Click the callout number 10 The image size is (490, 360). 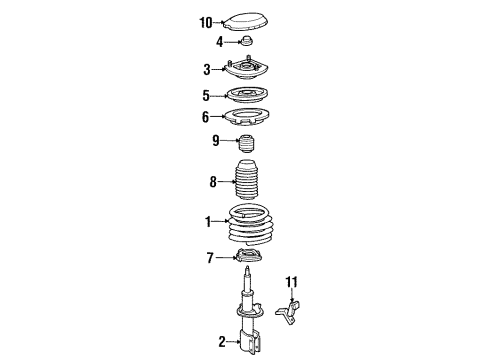pyautogui.click(x=207, y=21)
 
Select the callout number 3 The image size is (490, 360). pyautogui.click(x=207, y=69)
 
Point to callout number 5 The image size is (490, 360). pyautogui.click(x=207, y=95)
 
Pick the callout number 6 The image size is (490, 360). pyautogui.click(x=207, y=116)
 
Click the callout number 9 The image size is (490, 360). pyautogui.click(x=215, y=140)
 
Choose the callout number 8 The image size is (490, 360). pyautogui.click(x=212, y=183)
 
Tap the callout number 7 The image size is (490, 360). pyautogui.click(x=210, y=259)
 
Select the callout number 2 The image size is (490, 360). pyautogui.click(x=223, y=343)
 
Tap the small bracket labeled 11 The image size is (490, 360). pyautogui.click(x=292, y=309)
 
